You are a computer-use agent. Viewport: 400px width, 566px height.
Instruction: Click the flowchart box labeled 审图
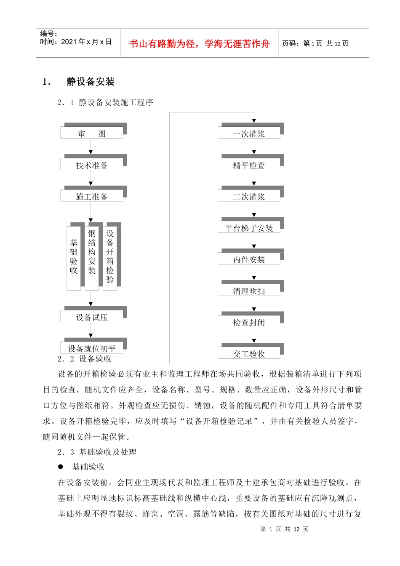pos(92,133)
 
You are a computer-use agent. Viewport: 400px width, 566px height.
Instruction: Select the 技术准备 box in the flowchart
pos(92,165)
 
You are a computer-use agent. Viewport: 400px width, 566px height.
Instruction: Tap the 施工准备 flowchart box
pos(92,196)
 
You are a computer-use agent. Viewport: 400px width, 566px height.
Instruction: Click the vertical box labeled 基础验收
pos(74,258)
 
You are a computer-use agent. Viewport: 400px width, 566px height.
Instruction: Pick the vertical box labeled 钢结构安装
pos(92,258)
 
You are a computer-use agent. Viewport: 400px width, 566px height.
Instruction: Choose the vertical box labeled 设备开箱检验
pos(110,258)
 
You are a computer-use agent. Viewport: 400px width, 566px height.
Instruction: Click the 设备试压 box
pos(92,317)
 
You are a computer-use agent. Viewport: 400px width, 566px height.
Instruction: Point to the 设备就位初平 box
pos(92,348)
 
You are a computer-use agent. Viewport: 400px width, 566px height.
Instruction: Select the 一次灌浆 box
pos(249,133)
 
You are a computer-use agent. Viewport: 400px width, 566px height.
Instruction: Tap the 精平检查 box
pos(249,165)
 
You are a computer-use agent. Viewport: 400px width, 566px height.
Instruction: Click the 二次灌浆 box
pos(249,196)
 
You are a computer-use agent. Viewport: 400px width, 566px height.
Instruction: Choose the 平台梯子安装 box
pos(249,227)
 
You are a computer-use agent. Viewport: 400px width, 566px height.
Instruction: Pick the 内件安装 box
pos(249,259)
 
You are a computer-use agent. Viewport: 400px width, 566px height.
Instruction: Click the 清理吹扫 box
pos(249,290)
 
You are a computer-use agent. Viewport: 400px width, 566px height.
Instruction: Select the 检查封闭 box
pos(249,322)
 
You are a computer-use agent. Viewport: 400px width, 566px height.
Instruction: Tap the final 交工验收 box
pos(249,353)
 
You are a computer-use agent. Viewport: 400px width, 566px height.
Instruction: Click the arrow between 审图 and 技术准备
pos(91,147)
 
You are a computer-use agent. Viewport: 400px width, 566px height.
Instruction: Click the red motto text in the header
pos(199,44)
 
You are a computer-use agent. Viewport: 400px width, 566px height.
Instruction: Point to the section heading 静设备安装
pos(91,82)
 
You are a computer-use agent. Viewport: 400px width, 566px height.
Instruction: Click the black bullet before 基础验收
pos(61,467)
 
